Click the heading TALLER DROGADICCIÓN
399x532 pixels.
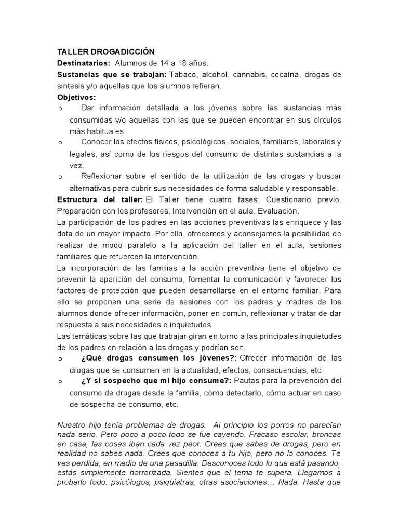coord(106,52)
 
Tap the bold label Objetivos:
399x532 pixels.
coord(76,97)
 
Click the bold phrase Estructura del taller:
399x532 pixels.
coord(100,199)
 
